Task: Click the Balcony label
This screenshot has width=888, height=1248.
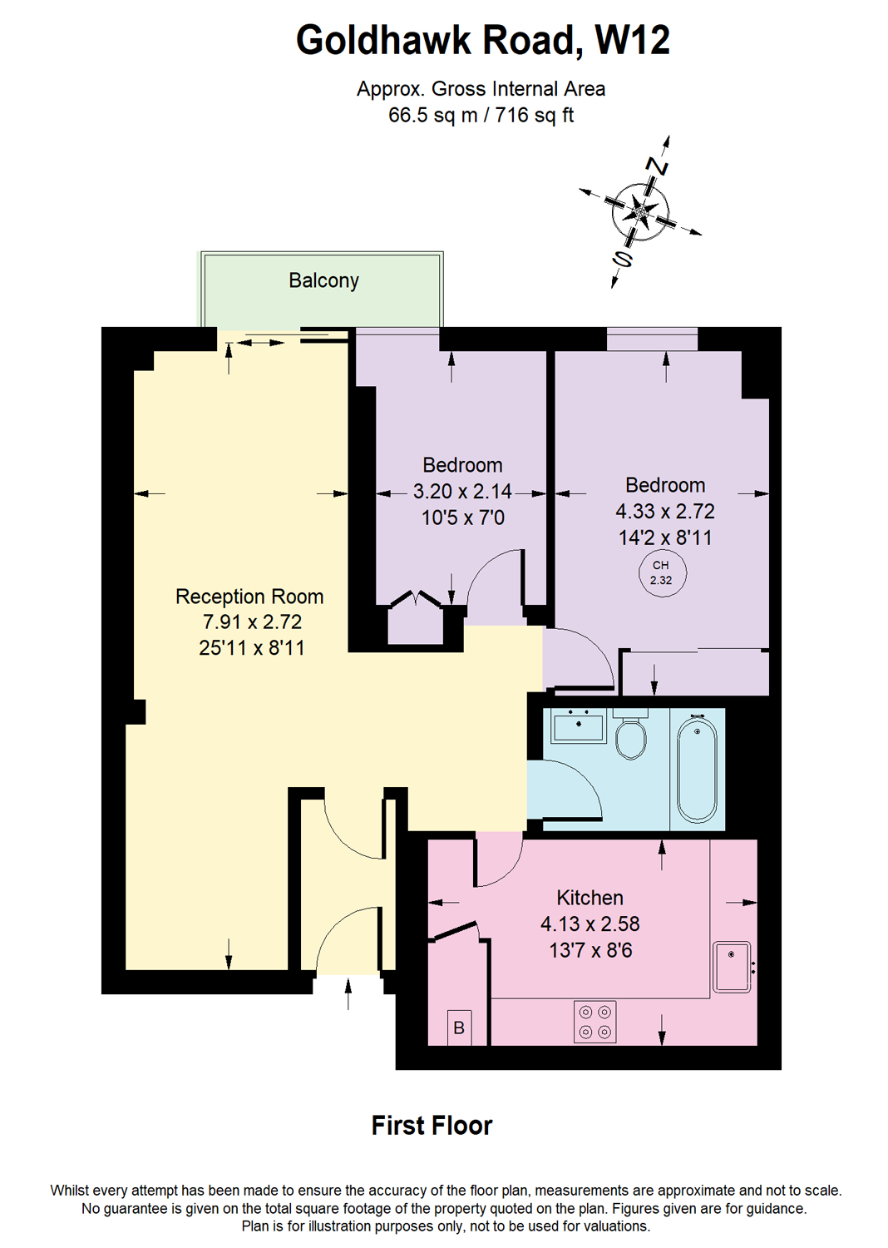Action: tap(323, 281)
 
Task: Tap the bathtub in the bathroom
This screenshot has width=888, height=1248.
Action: tap(697, 769)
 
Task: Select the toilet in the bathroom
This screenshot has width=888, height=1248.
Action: tap(631, 735)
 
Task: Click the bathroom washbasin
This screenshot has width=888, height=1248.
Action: tap(579, 726)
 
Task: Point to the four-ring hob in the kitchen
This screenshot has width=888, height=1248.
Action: tap(595, 1022)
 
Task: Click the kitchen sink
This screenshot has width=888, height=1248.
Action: tap(733, 967)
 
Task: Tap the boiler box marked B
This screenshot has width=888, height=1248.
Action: tap(459, 1028)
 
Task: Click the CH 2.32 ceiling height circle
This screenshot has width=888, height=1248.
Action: tap(662, 572)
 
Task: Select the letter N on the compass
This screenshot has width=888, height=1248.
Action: tap(659, 167)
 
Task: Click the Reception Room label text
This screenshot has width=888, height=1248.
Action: tap(249, 597)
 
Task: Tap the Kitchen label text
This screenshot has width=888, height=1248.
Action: tap(590, 898)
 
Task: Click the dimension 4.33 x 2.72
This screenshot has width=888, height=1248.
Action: tap(664, 512)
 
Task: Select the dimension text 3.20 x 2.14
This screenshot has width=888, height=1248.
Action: tap(462, 492)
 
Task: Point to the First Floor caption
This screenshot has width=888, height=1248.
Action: tap(432, 1126)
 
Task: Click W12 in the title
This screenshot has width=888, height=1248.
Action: tap(632, 40)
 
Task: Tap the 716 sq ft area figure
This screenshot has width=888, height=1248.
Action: tap(535, 116)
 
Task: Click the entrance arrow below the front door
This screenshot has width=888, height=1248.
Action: tap(348, 993)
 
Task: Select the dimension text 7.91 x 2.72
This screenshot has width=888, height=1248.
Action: tap(252, 622)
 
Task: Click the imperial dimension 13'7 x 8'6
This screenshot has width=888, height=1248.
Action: tap(590, 950)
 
